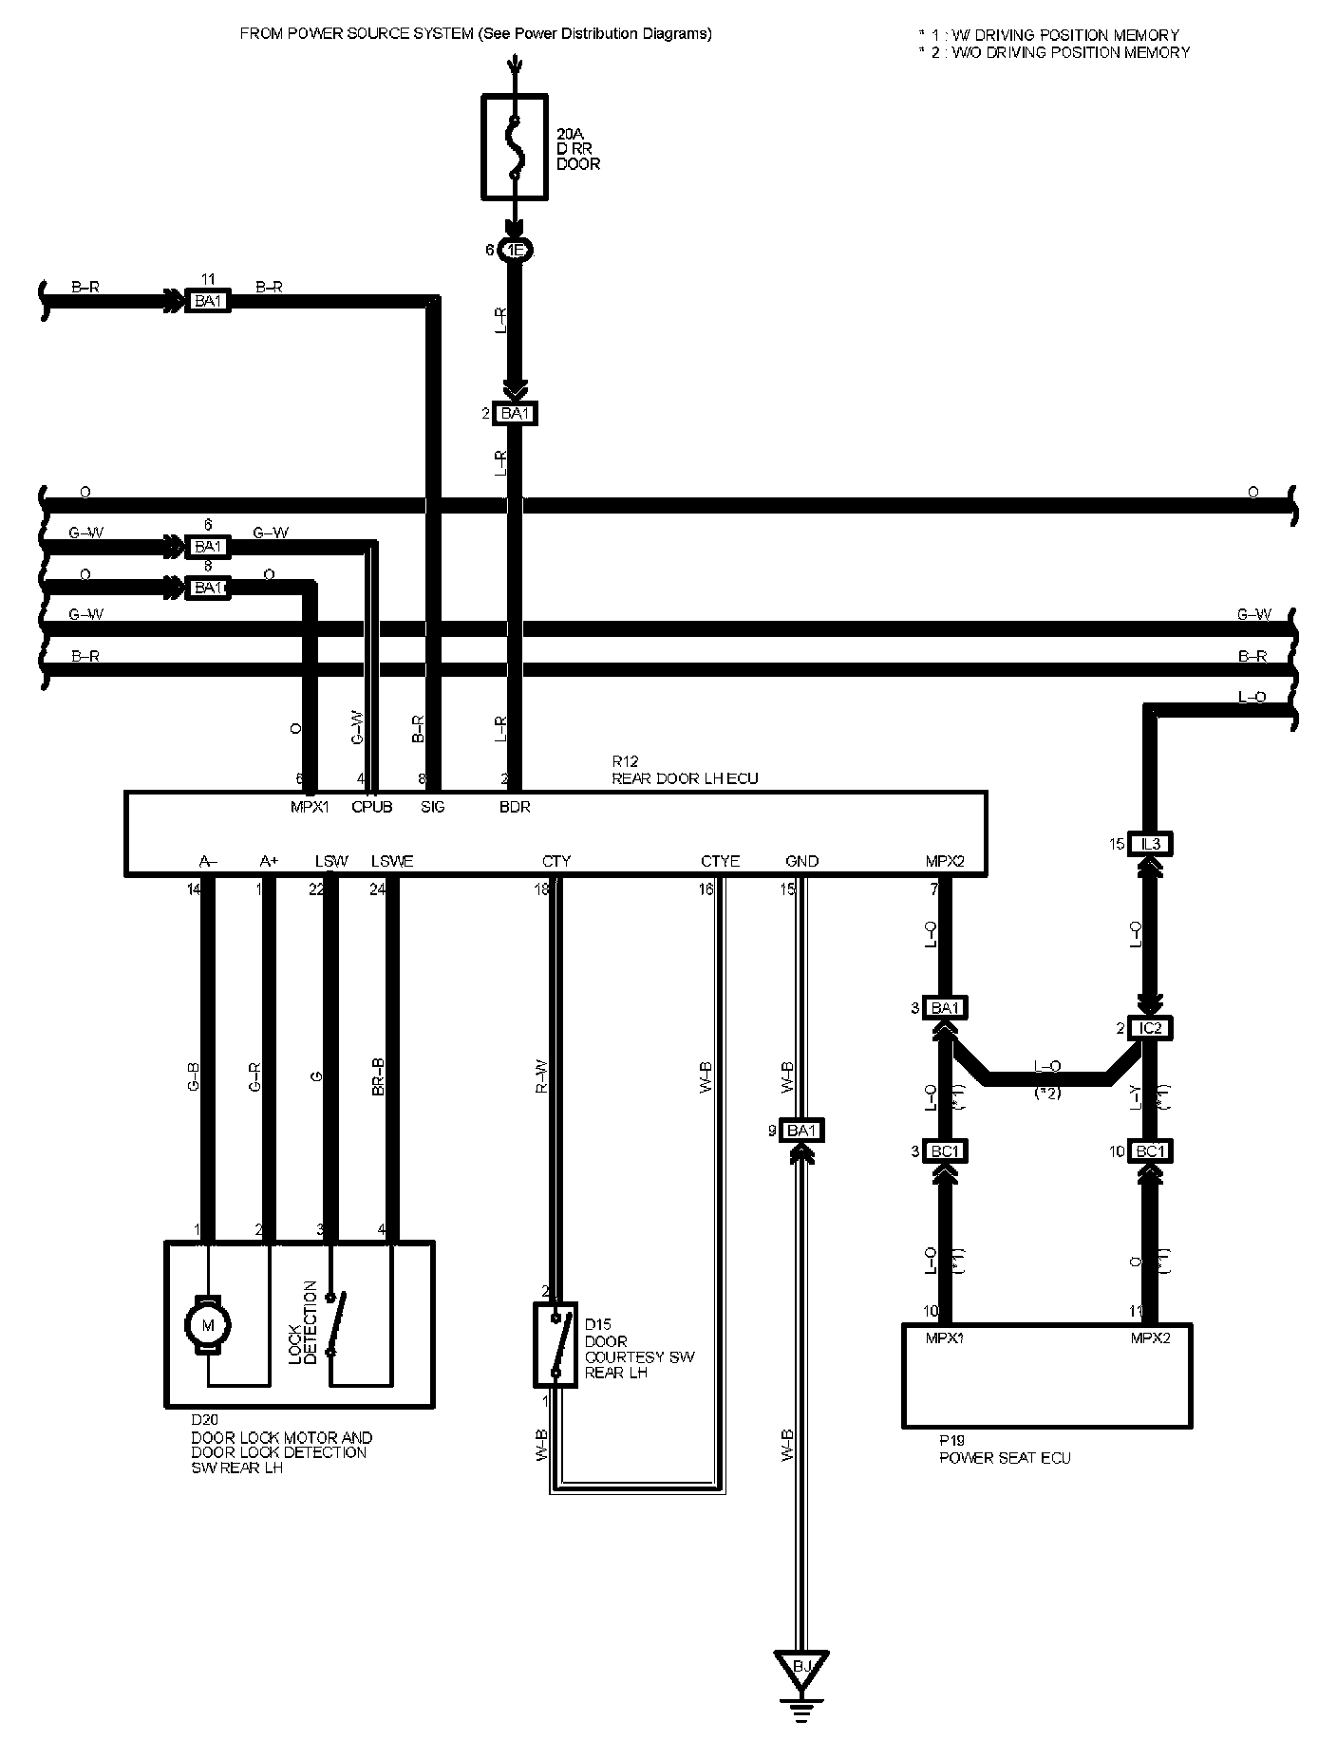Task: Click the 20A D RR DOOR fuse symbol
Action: [x=515, y=147]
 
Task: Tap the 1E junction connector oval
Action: [x=515, y=250]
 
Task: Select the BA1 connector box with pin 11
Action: [x=206, y=302]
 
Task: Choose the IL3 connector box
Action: [x=1151, y=844]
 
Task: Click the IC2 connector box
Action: [x=1151, y=1028]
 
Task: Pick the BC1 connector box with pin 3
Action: [x=945, y=1151]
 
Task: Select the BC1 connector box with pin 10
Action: [x=1151, y=1151]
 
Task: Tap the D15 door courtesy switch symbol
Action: [x=556, y=1344]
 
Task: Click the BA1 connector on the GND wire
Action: [x=802, y=1131]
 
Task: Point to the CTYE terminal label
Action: [x=720, y=861]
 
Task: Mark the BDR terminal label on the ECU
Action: [x=515, y=807]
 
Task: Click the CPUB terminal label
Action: [x=371, y=807]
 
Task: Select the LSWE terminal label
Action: [x=392, y=861]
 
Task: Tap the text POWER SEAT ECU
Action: [x=1005, y=1457]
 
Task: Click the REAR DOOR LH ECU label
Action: [x=685, y=778]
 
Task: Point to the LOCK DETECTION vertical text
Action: [x=302, y=1322]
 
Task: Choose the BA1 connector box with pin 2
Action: [x=515, y=414]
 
